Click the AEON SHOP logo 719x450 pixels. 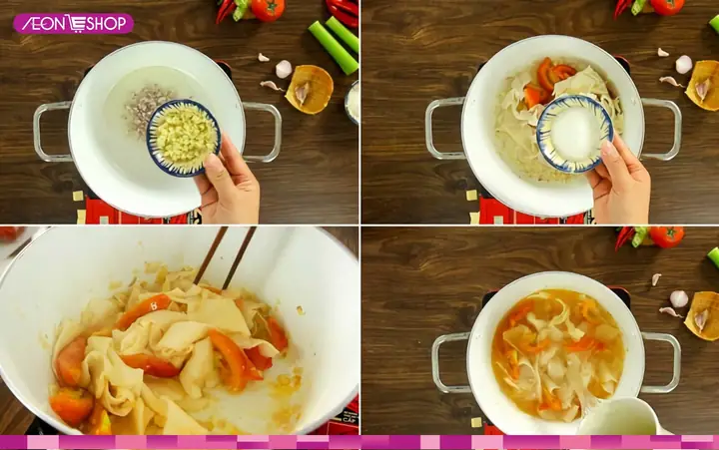pyautogui.click(x=73, y=23)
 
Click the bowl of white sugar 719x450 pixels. pyautogui.click(x=574, y=133)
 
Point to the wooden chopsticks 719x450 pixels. pyautogui.click(x=225, y=256)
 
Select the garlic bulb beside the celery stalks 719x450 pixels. pyautogui.click(x=284, y=69)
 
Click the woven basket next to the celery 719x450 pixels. pyautogui.click(x=309, y=89)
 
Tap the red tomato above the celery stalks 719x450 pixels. pyautogui.click(x=268, y=9)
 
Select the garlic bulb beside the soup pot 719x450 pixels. pyautogui.click(x=679, y=298)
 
